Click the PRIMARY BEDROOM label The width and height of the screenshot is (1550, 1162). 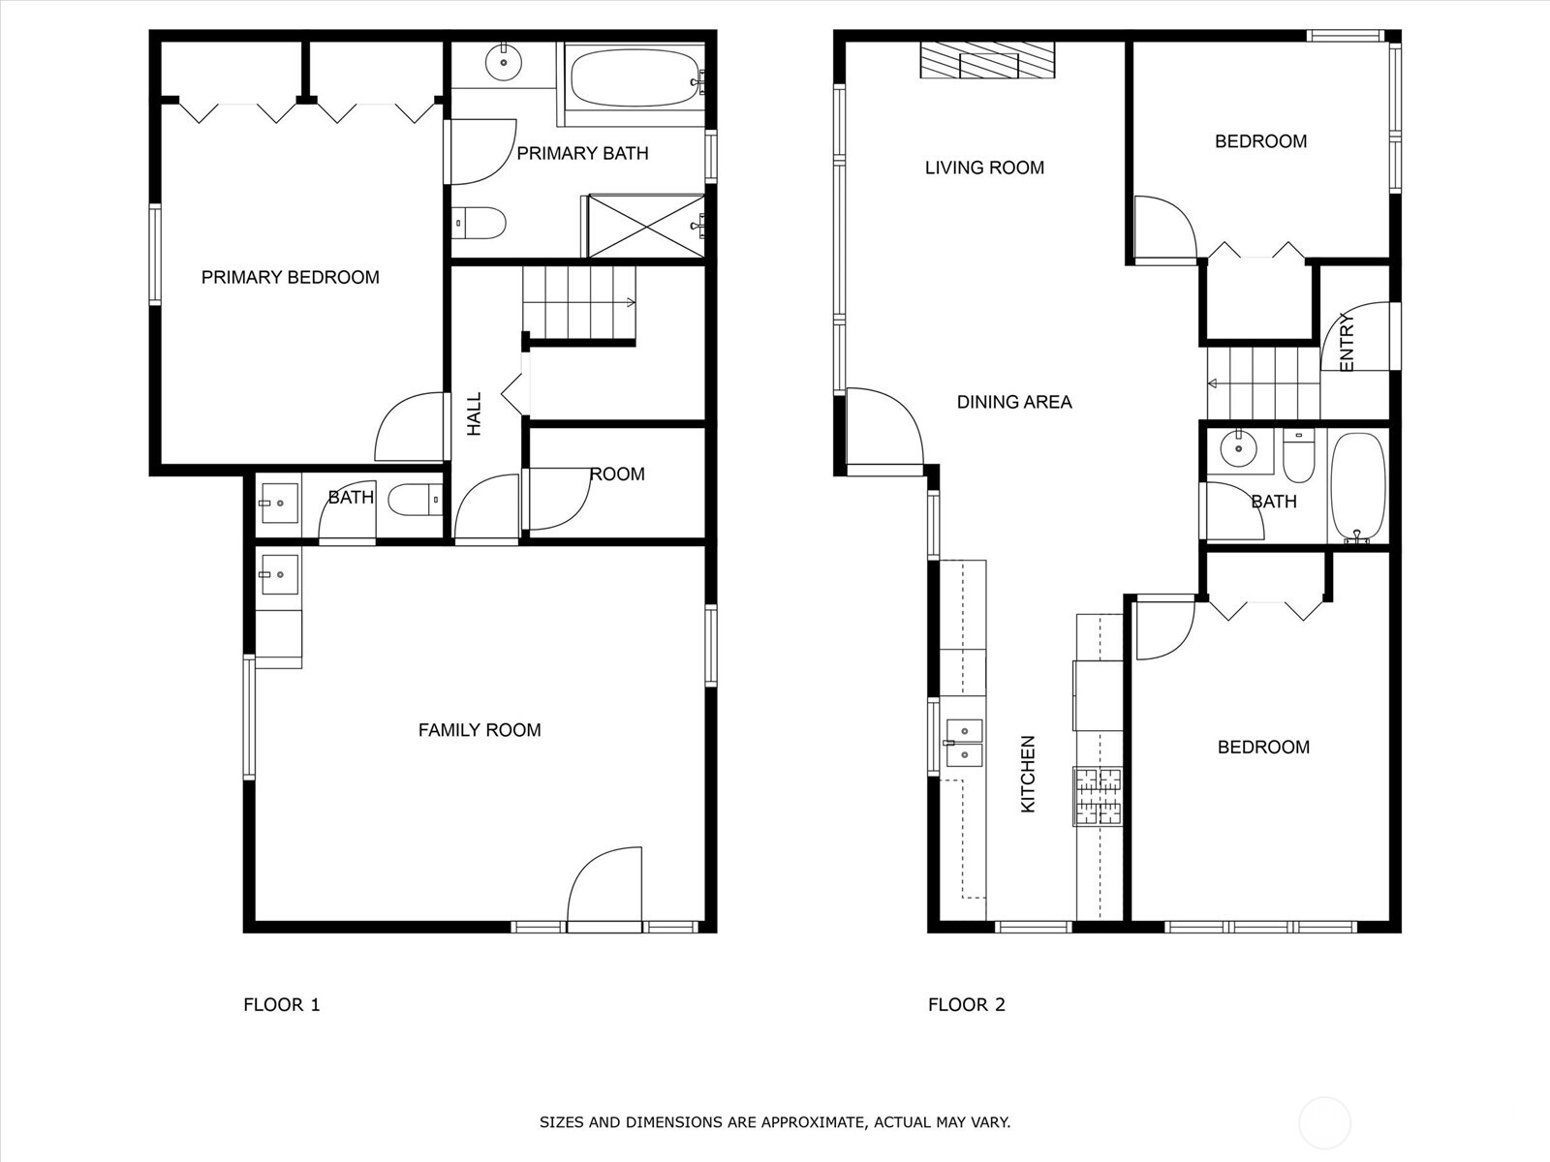(290, 278)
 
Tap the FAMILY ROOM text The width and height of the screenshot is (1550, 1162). (480, 730)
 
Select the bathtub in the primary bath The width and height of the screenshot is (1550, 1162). (635, 79)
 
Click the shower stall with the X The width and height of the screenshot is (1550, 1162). (646, 227)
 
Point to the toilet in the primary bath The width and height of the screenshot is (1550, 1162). (480, 224)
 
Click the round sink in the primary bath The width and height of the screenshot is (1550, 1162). (504, 64)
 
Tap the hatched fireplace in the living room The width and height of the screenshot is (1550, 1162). (987, 61)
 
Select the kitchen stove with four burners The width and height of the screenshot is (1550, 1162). (1098, 796)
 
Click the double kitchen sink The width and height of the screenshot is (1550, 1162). (964, 743)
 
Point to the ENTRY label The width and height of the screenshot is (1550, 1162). (1347, 343)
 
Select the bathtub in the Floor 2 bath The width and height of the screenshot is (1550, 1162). (1357, 487)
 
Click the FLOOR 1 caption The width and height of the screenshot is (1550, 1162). (281, 1005)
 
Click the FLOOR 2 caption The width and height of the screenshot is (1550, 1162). (966, 1005)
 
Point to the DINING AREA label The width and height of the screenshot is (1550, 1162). (1014, 402)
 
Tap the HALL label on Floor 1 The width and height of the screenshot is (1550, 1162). (474, 413)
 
